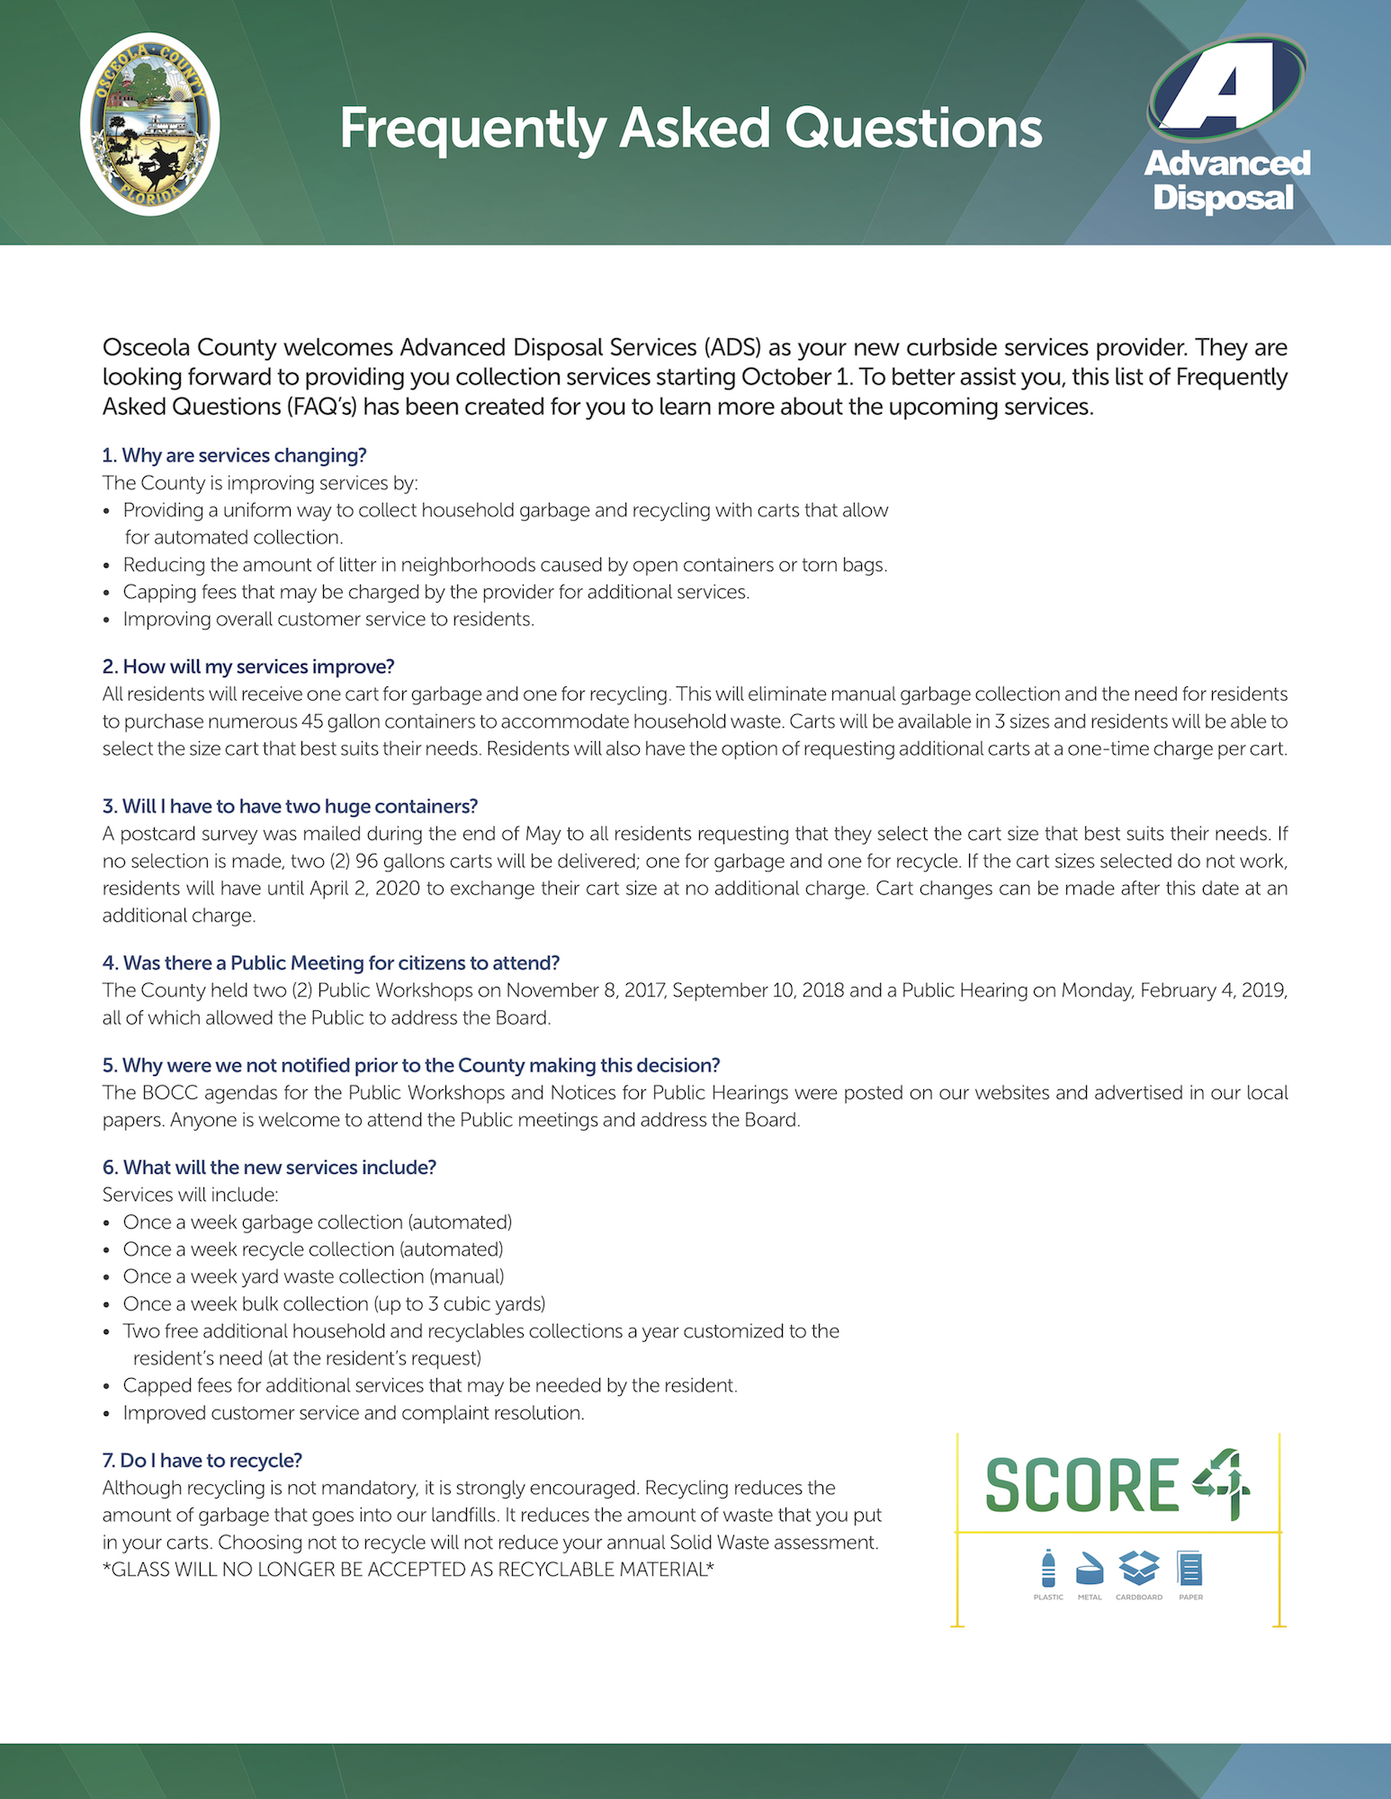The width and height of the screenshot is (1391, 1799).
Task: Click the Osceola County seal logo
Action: (x=149, y=125)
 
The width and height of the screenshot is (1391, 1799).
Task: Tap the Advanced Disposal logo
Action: (x=1226, y=126)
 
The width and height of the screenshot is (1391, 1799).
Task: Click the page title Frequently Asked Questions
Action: (x=690, y=129)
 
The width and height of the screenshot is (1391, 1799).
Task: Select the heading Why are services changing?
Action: (x=234, y=455)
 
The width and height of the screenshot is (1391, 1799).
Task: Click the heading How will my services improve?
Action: (x=248, y=667)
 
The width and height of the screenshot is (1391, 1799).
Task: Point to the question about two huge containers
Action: (x=290, y=806)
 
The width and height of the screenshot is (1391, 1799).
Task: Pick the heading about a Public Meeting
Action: (x=330, y=963)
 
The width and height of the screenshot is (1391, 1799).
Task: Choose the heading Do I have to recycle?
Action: (x=202, y=1461)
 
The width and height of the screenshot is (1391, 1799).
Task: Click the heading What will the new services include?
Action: (x=269, y=1168)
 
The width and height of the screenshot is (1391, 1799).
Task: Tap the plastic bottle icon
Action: (x=1048, y=1569)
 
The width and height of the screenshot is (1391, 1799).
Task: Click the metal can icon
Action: (x=1090, y=1569)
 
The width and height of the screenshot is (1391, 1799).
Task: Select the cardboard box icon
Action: (x=1139, y=1569)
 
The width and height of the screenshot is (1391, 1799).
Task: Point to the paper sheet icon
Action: (x=1190, y=1569)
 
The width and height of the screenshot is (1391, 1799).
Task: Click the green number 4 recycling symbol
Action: (x=1223, y=1484)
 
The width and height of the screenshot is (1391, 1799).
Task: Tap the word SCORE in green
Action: (x=1081, y=1485)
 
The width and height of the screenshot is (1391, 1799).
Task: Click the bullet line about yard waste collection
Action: (x=313, y=1276)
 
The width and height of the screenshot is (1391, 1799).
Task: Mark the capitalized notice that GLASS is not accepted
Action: (x=408, y=1570)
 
